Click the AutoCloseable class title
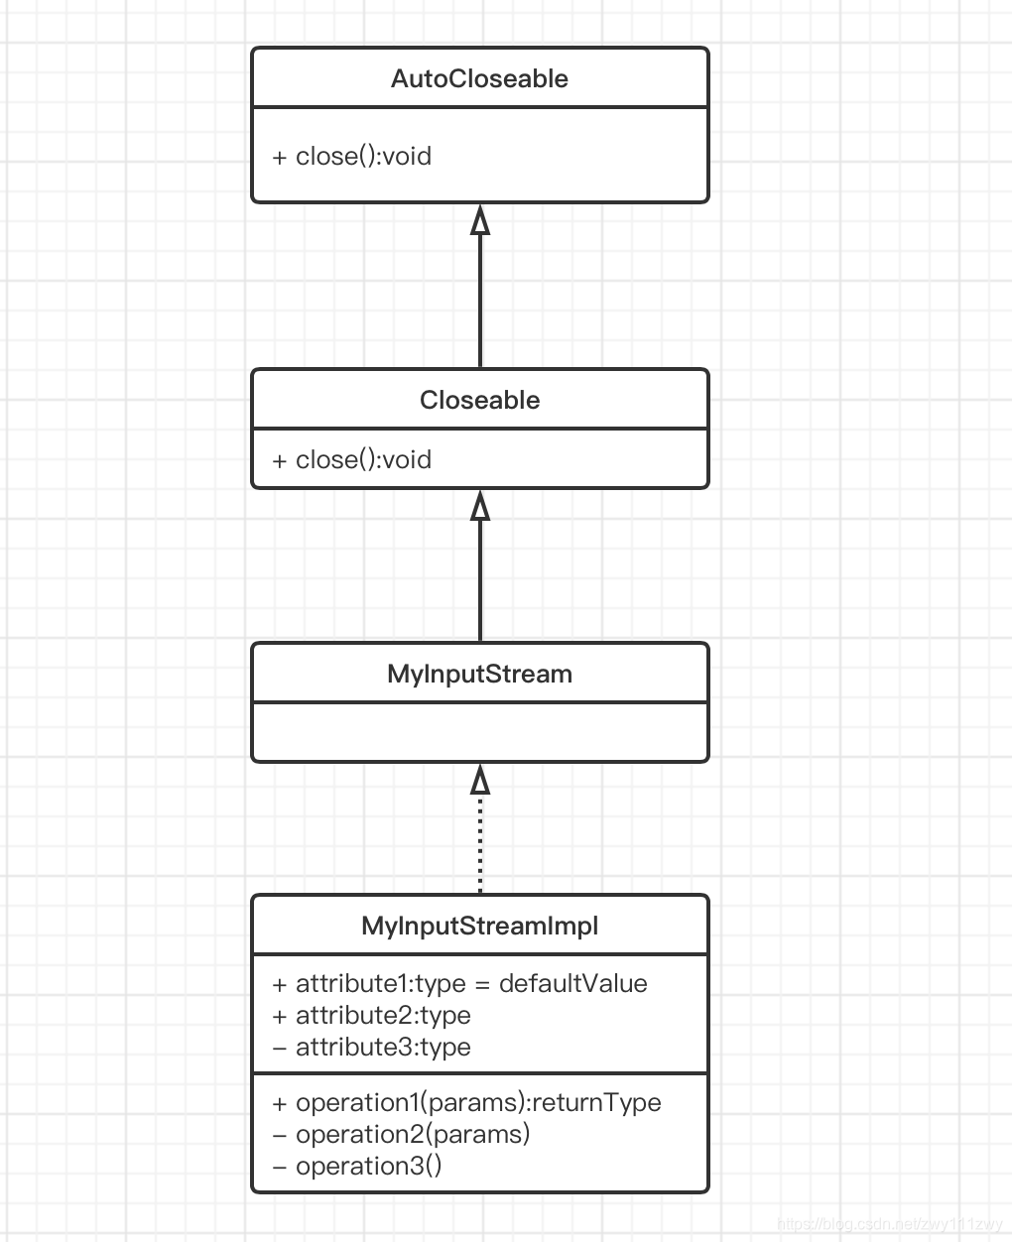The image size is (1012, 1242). pos(479,78)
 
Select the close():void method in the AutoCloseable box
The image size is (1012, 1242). pos(352,156)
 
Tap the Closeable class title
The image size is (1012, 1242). pos(479,400)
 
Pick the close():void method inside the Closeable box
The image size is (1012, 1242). pos(352,459)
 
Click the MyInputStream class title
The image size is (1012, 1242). pos(479,674)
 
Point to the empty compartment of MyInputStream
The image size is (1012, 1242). pos(479,732)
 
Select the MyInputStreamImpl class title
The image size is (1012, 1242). pos(479,926)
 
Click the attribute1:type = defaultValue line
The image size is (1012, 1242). pos(459,983)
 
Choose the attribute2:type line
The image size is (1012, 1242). pos(372,1015)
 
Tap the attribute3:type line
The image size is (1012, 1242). pos(372,1047)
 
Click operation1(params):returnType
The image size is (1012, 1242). pos(466,1102)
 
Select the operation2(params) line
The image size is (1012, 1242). pos(401,1134)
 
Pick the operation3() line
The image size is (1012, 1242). pos(357,1166)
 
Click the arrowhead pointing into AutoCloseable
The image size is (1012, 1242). pos(480,219)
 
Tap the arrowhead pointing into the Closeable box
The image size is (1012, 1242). pos(480,505)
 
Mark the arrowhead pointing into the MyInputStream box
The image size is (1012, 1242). pos(480,779)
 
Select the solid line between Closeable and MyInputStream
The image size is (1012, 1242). pos(480,585)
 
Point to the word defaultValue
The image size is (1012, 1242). pos(572,983)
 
